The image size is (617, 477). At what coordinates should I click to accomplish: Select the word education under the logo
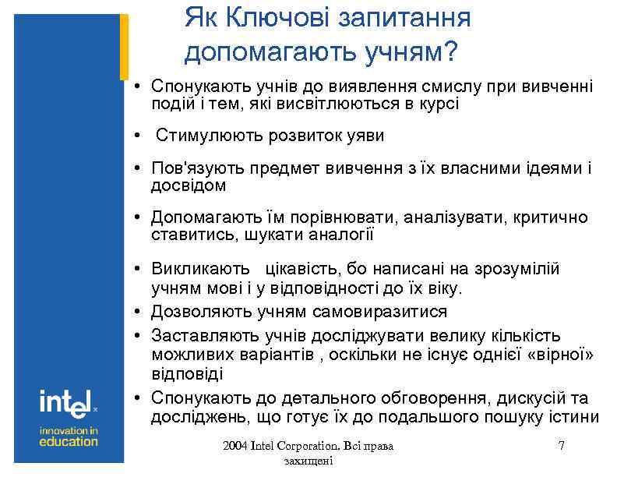(x=69, y=441)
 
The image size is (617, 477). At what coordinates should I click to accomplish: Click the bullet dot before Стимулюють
(x=136, y=136)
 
